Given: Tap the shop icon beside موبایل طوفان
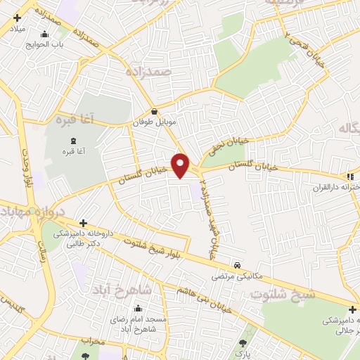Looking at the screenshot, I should coord(155,110).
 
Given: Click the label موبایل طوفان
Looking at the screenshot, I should coord(153,122).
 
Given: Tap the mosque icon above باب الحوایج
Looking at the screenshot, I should coord(46,34).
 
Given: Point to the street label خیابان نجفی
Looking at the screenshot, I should coord(227,148).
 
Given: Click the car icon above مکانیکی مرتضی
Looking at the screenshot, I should coord(238,265).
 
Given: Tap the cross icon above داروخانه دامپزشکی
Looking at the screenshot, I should coord(84,223).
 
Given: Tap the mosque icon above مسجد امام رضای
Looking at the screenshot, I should coord(137,308).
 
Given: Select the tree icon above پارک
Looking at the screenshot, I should coord(243,343).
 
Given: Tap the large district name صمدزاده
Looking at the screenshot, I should coord(149,72).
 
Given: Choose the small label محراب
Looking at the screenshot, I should coord(92,341).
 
